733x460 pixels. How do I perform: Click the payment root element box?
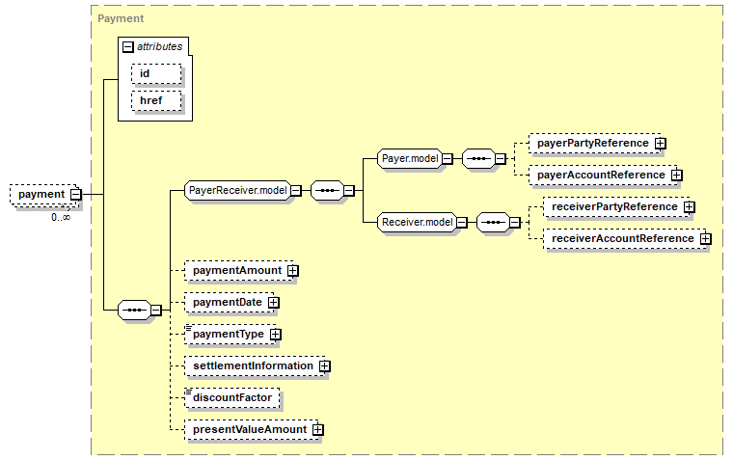point(45,195)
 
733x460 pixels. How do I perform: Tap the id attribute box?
point(156,74)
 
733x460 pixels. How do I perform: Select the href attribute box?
point(156,101)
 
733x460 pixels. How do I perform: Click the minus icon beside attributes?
point(127,46)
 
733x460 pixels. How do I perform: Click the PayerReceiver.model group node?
point(238,190)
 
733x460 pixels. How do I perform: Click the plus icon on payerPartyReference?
point(660,144)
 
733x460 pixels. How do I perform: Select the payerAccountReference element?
point(603,176)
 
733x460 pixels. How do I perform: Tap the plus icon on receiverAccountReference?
point(706,239)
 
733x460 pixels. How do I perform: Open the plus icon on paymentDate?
point(274,303)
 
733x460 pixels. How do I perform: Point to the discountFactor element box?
point(232,398)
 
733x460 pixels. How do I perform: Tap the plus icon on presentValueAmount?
point(318,429)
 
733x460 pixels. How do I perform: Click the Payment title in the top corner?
point(121,18)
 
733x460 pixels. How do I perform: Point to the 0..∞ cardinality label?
point(61,217)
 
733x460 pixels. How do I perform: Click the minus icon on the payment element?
point(76,195)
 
